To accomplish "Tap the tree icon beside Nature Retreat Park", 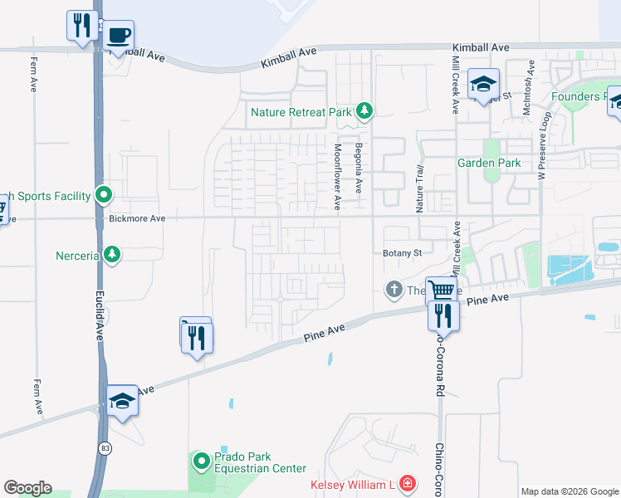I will (364, 110).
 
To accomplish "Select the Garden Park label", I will (489, 163).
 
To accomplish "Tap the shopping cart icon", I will (442, 290).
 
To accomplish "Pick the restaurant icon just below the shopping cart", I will (443, 316).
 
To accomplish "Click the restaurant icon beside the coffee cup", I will (81, 25).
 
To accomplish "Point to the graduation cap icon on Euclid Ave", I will (122, 401).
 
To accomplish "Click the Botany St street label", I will (403, 253).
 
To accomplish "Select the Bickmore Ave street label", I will (138, 218).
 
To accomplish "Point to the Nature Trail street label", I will (419, 188).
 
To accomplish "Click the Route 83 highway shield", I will (105, 449).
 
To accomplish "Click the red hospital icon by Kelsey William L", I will (407, 483).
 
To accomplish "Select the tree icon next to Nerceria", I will (111, 253).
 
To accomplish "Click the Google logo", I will (27, 488).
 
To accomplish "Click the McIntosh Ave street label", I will (526, 88).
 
